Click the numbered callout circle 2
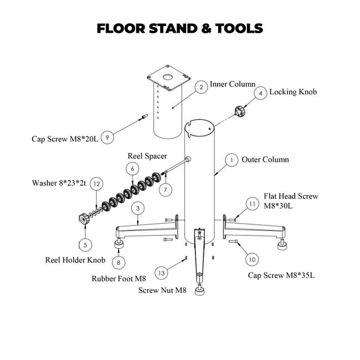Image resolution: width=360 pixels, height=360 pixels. coord(202,87)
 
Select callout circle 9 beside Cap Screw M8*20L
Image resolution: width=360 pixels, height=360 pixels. coord(109,137)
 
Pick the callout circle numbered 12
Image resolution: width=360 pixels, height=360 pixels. coord(96,183)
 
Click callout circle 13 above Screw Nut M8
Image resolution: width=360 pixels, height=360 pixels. coord(161,272)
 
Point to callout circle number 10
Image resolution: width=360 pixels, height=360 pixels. coord(251,259)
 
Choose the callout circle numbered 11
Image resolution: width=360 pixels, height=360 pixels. coord(252,204)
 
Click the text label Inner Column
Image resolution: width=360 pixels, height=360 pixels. coord(232,85)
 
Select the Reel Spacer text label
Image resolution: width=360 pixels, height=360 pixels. coord(147,156)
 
